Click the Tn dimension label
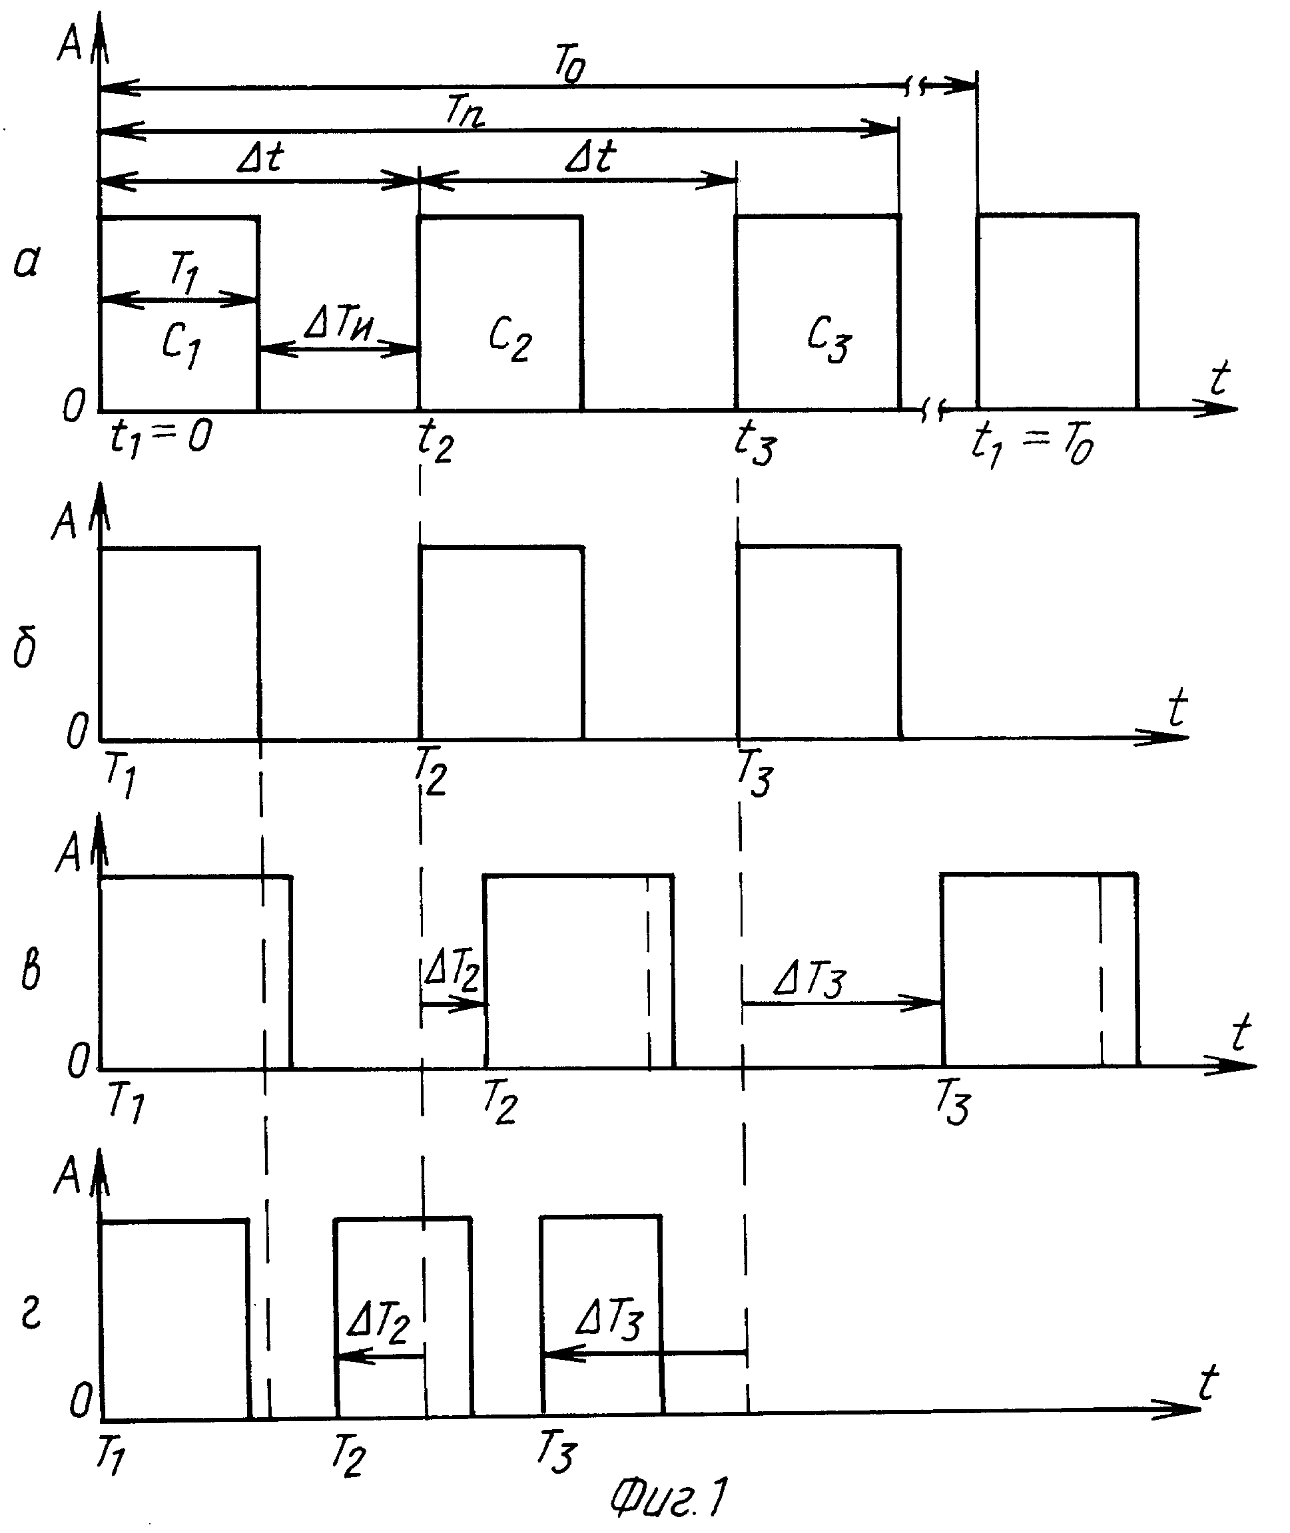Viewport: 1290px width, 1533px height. pos(465,112)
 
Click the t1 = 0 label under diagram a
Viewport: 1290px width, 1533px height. pos(161,439)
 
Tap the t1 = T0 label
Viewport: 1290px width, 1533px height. pos(1032,445)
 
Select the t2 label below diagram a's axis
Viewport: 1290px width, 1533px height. pos(435,441)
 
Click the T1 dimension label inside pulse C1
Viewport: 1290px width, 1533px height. pos(184,270)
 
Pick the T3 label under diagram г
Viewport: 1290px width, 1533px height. pos(557,1450)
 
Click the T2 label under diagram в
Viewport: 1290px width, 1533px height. pos(499,1101)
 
